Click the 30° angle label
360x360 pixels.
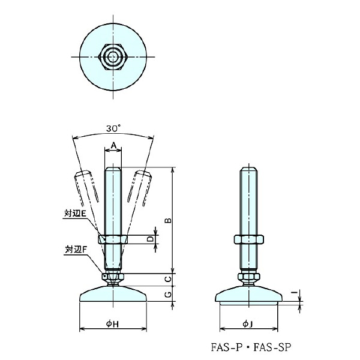112,128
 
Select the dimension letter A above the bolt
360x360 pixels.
113,145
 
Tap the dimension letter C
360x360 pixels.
169,280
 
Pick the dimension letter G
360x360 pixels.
169,295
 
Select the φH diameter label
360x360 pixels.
113,324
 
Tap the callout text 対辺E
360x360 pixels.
76,212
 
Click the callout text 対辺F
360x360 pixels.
76,248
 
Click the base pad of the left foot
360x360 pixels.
113,296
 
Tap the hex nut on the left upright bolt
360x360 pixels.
113,239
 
